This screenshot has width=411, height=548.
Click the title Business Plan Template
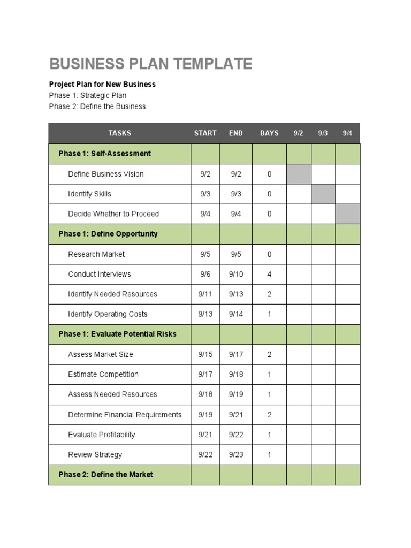[150, 64]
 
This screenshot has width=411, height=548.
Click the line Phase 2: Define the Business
[97, 106]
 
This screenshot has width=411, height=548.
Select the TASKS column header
[119, 133]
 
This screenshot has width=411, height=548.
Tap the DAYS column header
[269, 133]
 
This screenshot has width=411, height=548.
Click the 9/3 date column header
[323, 133]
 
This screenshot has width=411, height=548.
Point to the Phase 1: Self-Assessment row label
[104, 154]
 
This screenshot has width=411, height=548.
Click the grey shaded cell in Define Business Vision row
[299, 174]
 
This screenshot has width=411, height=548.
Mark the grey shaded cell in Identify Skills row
[323, 194]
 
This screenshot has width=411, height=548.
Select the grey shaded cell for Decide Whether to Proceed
[347, 214]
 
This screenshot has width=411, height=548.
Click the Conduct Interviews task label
[99, 274]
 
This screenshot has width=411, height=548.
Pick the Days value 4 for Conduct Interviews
[269, 274]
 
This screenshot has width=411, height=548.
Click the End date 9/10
[236, 274]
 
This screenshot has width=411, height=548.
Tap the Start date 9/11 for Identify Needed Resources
[205, 294]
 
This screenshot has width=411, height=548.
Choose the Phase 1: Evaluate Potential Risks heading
[117, 334]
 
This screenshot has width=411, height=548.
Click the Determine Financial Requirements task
[125, 415]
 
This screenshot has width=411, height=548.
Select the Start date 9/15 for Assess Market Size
[205, 354]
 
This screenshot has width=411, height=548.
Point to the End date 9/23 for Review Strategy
[236, 455]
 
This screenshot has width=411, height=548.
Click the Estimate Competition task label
[103, 375]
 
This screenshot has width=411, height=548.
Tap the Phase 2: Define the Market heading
[105, 475]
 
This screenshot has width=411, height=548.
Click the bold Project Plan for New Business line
[102, 85]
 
